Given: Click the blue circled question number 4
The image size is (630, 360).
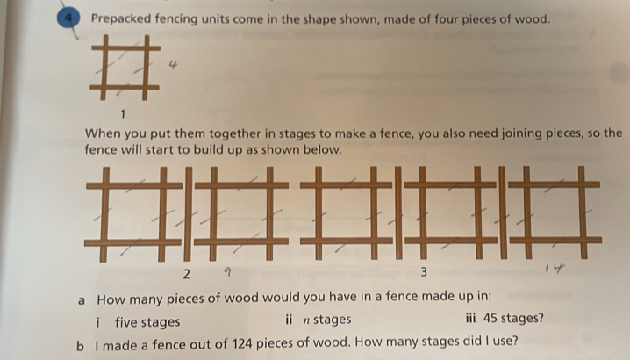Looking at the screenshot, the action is coord(68,19).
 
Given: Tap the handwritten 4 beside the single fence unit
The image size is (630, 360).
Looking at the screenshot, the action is coord(173,64).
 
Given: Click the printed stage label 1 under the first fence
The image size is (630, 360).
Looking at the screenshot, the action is coord(123,114).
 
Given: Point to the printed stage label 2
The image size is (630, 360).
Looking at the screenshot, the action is coord(186,274).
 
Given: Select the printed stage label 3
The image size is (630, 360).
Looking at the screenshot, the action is coord(424,272).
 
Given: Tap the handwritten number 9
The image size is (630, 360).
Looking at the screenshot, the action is coord(227,272).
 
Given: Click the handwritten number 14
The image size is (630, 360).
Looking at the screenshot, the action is coord(555,267).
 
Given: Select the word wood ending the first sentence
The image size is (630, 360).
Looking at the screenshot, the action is coord(532,19).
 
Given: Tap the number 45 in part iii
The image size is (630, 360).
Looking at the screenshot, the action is coord(490,318).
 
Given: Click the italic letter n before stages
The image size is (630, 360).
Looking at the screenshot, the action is coord(306,320).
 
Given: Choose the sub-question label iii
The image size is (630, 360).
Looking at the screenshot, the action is coord(470,318).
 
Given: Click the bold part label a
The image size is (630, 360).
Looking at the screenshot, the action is coord(82,300).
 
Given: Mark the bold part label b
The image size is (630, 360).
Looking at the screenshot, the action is coord(81,346).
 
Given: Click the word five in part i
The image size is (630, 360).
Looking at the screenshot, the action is coord(125,321).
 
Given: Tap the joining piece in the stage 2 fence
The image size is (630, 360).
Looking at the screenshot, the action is coord(188,214).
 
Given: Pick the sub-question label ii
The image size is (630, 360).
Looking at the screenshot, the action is coord(289,320).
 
